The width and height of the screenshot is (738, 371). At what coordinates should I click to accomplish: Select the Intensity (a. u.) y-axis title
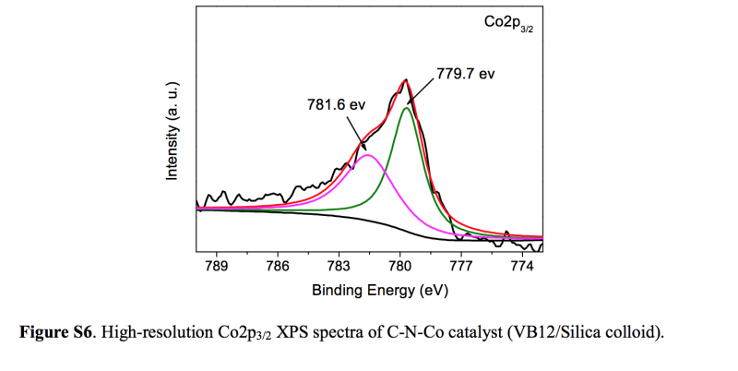[172, 130]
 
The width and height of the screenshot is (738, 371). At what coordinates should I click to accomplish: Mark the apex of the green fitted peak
[406, 108]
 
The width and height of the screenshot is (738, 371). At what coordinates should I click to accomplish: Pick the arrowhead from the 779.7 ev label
[409, 102]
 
